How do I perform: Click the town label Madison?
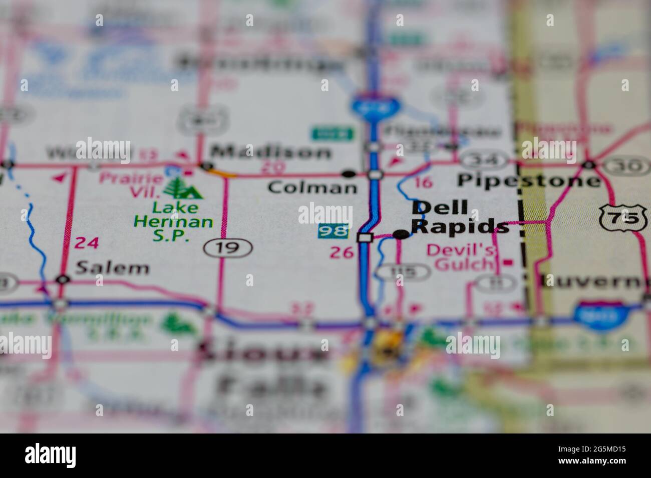(270, 151)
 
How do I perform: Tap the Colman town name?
(312, 187)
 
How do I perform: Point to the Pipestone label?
(528, 180)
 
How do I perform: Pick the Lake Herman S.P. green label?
(173, 221)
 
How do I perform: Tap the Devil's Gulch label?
(461, 257)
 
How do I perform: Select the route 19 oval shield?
(228, 247)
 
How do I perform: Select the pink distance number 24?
(87, 243)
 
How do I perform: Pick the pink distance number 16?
(423, 182)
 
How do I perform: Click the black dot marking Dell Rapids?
(401, 234)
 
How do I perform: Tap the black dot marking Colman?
(349, 174)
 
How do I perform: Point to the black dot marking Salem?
(62, 279)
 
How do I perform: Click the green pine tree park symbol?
(175, 188)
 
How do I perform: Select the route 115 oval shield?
(403, 272)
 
